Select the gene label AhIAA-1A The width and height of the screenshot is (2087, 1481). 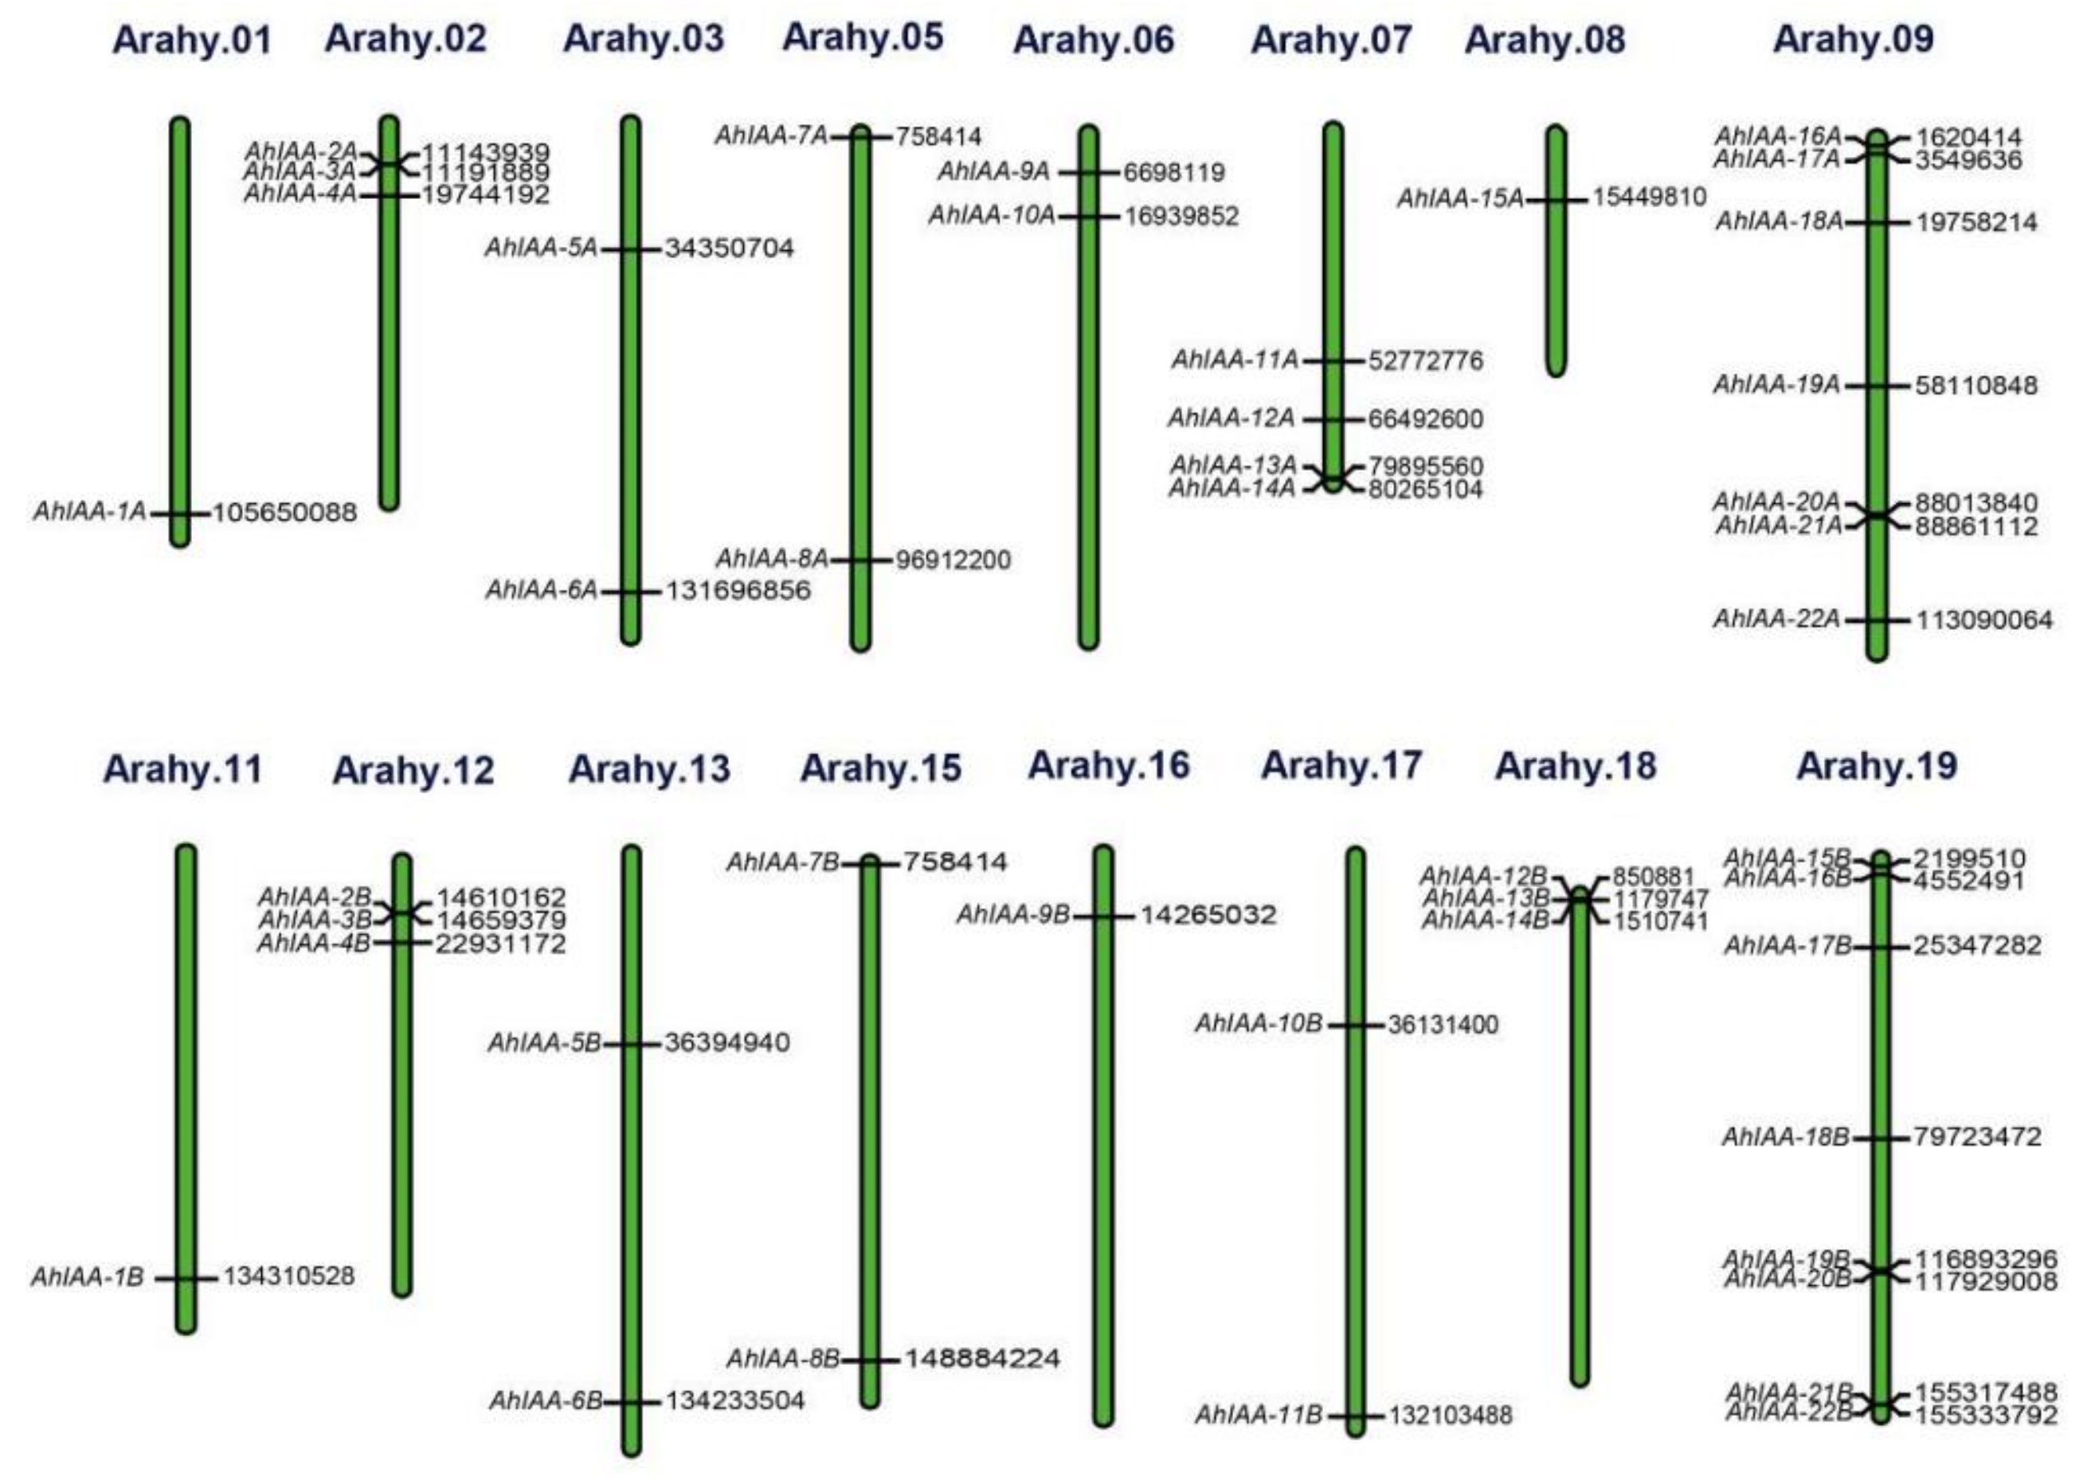pos(89,512)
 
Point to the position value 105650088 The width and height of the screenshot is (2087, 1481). pos(284,514)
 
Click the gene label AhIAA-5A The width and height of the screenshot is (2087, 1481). pos(541,248)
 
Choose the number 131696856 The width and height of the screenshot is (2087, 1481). pos(738,591)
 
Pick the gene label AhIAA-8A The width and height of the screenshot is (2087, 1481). pos(772,558)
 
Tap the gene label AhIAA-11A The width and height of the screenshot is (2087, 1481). pos(1235,360)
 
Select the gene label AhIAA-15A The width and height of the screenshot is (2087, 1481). pos(1460,199)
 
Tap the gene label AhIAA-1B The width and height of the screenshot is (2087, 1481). pos(88,1276)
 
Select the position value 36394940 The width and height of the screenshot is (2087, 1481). pos(727,1042)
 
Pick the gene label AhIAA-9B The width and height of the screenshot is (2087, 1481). pos(1012,915)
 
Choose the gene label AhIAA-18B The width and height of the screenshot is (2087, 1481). pos(1785,1137)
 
